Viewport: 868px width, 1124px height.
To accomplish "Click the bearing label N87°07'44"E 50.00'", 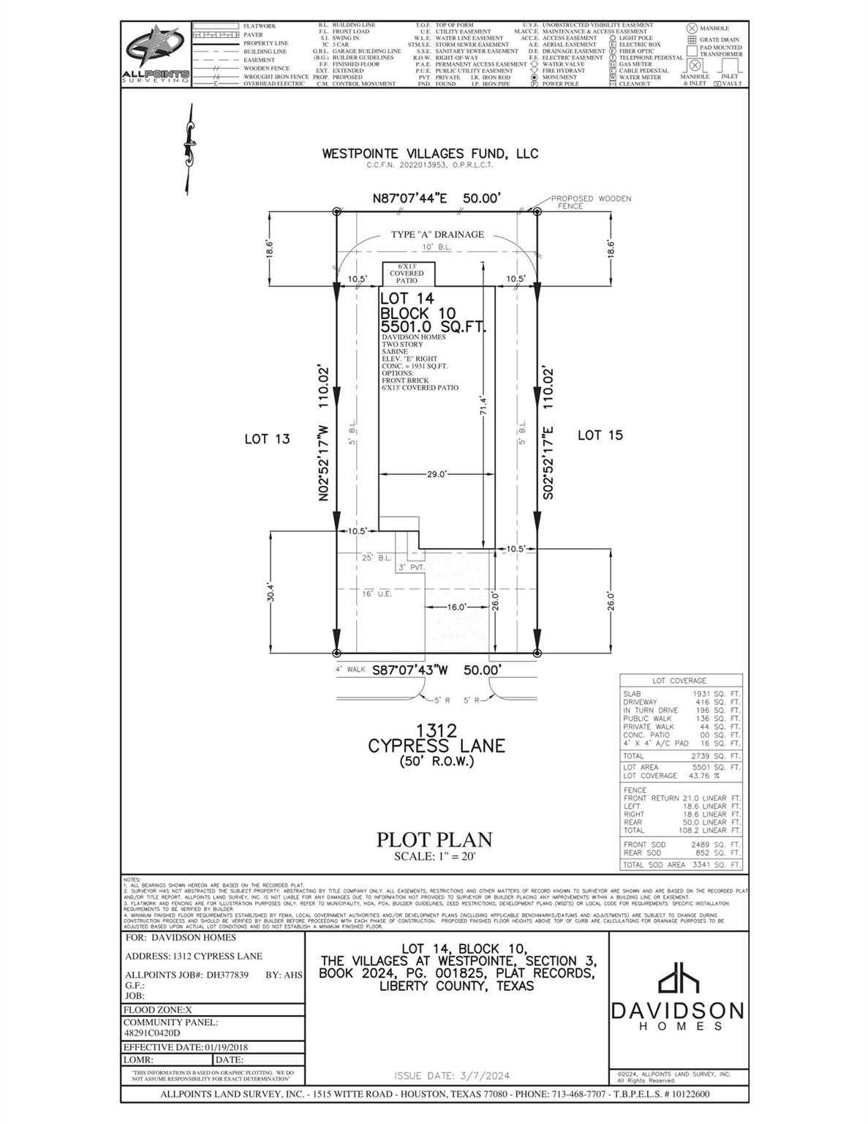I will tap(437, 198).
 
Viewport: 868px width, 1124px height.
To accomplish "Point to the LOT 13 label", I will tap(267, 439).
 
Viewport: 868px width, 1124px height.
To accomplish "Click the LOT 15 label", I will tap(600, 435).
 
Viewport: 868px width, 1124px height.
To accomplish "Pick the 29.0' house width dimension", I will tap(437, 474).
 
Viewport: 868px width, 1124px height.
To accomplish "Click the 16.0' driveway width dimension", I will tap(456, 607).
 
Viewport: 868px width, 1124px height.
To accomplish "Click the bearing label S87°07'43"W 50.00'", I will tap(437, 670).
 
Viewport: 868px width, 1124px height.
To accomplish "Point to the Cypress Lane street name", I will tap(437, 746).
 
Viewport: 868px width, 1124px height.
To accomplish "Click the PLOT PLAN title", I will tap(434, 839).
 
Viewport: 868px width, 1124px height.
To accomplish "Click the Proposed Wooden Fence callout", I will tap(590, 202).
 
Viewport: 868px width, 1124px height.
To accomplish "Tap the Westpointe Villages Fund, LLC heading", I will tap(430, 154).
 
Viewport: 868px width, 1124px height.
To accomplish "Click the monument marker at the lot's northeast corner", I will tap(536, 211).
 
